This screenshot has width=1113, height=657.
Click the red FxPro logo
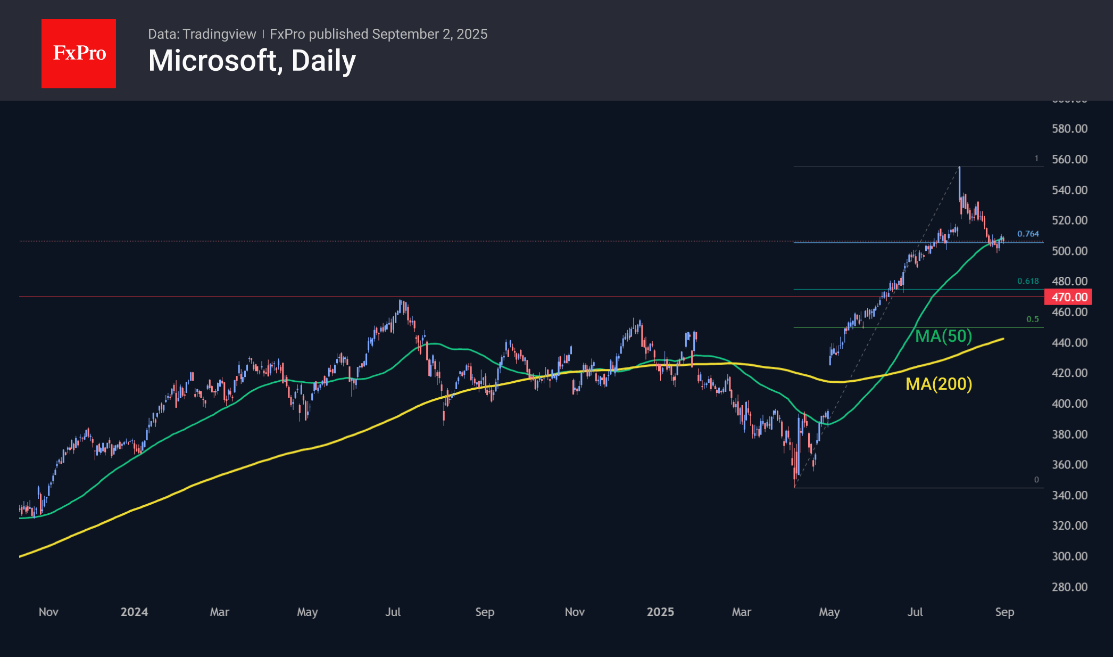79,53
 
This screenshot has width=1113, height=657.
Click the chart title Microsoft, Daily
252,61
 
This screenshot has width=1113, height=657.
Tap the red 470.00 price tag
1068,297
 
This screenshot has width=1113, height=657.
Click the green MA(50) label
943,336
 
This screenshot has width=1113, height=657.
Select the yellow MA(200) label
938,384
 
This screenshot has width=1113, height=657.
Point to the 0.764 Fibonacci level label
1027,234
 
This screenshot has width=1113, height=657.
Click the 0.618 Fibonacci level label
1027,281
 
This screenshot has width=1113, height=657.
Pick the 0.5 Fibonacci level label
1032,319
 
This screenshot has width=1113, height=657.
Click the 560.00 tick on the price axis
1069,159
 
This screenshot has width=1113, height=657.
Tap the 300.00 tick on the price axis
1069,556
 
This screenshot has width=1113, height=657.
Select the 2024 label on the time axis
134,612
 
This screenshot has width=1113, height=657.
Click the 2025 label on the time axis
660,612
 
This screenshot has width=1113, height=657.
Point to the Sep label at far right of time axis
1004,612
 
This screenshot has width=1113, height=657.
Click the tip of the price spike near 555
959,168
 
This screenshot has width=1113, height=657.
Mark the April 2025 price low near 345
795,486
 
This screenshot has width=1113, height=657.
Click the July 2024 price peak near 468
401,301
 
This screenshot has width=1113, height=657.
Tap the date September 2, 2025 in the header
429,34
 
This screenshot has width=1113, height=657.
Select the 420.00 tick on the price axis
1069,373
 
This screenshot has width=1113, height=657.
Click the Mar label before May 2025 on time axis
741,612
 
